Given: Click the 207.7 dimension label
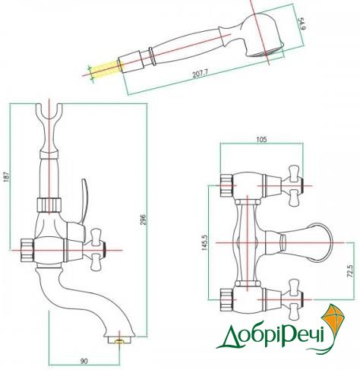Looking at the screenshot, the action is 200,74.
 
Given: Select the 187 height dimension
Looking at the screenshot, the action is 7,176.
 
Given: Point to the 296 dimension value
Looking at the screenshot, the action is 143,220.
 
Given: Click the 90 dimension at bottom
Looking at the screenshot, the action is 84,361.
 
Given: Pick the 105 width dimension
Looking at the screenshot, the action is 261,139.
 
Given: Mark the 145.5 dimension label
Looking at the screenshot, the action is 204,242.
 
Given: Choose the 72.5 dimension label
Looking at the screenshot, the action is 349,271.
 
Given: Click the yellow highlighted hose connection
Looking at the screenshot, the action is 106,69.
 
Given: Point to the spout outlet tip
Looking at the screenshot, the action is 119,340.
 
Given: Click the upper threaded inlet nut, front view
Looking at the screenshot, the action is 227,185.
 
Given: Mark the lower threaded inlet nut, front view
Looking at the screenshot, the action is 227,299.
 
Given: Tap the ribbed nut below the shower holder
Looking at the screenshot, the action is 49,205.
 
